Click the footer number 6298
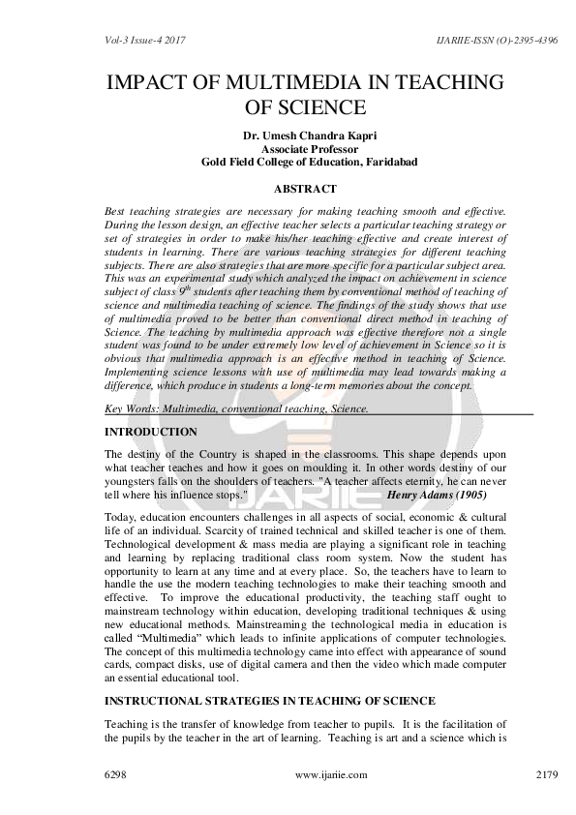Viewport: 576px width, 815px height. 116,775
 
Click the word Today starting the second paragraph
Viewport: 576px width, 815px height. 118,516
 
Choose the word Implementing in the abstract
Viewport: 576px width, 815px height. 140,372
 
